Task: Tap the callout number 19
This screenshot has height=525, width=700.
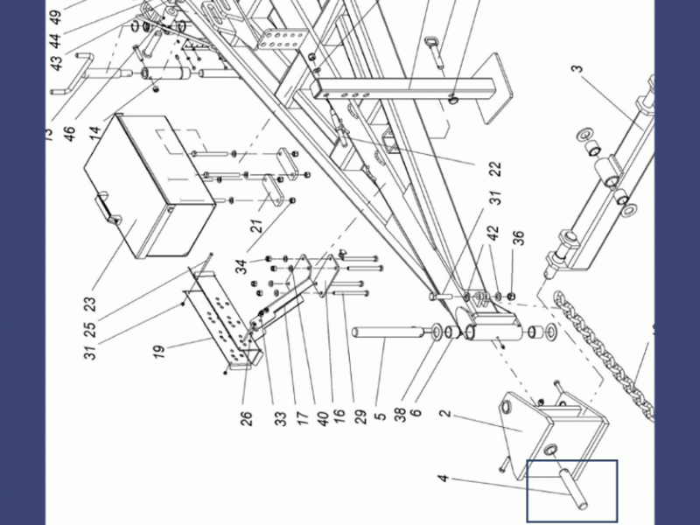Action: pos(159,351)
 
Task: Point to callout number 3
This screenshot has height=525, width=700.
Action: pos(577,69)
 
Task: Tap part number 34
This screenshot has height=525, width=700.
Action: pos(241,265)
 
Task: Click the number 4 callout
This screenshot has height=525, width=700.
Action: pos(444,479)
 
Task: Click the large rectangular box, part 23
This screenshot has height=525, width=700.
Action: pos(149,184)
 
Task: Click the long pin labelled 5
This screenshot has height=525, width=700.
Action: pos(385,333)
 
